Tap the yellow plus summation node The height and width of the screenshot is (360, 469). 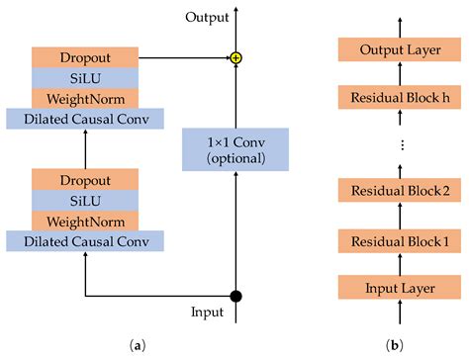pyautogui.click(x=235, y=59)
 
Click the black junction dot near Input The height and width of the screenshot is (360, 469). pyautogui.click(x=235, y=295)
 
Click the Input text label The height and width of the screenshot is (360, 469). pyautogui.click(x=208, y=313)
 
